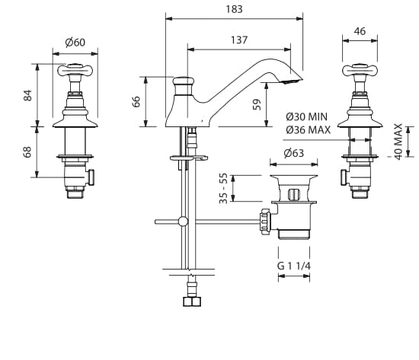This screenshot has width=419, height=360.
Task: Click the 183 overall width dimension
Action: coord(235,9)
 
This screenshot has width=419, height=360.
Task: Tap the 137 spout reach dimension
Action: coord(239,40)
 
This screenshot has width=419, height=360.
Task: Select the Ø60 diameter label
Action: coord(75,42)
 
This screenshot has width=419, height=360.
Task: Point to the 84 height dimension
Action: coord(27,95)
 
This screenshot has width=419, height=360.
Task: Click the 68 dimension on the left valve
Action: coord(27,152)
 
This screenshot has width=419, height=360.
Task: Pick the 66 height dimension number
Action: coord(136,101)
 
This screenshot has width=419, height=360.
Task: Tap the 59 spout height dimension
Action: coord(257,104)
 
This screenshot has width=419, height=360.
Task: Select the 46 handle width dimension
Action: coord(360,31)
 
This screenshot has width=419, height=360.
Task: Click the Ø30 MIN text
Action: coord(306,116)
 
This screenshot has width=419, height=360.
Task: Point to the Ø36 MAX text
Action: coord(308,130)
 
